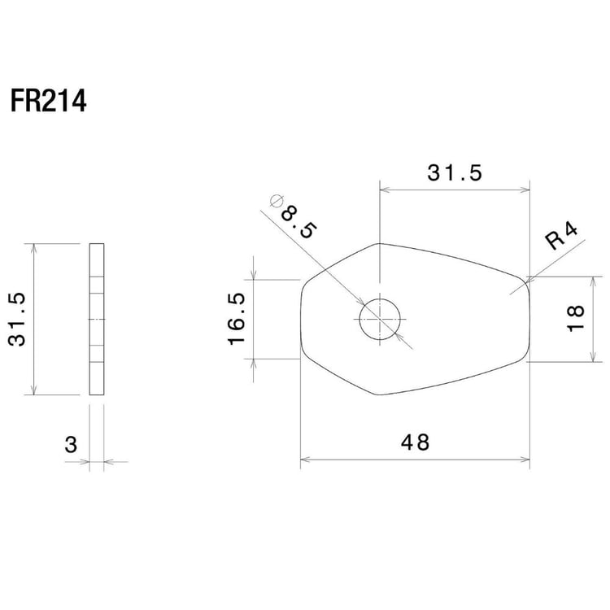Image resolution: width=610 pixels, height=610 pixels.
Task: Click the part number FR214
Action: [x=48, y=102]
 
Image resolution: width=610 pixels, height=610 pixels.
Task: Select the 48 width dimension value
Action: [x=415, y=442]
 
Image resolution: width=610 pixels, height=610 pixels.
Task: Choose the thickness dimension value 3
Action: [x=71, y=445]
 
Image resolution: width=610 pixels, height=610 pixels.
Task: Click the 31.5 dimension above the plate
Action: [x=455, y=172]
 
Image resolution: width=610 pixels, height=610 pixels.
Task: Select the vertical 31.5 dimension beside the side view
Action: [x=19, y=320]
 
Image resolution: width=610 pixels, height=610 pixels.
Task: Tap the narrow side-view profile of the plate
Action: [x=97, y=320]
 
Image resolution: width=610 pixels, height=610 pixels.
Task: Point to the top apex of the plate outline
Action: [x=380, y=243]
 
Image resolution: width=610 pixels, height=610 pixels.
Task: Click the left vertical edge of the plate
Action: [x=301, y=320]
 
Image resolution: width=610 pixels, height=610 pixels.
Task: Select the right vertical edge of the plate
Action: [x=529, y=320]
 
